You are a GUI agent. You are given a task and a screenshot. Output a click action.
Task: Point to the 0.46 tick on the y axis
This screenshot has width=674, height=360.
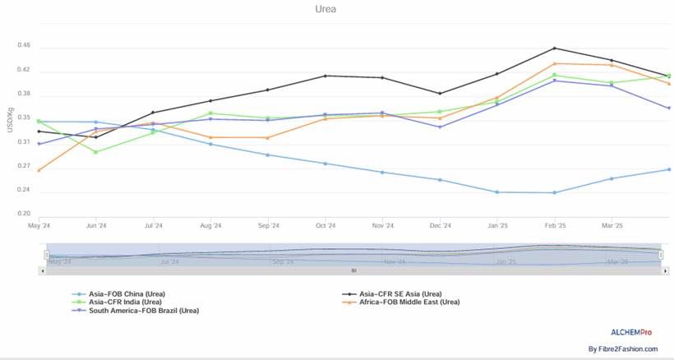(23, 46)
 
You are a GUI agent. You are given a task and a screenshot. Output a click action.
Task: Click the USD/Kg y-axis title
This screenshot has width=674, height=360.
(10, 120)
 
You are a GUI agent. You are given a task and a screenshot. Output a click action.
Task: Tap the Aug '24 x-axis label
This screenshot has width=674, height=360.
(211, 225)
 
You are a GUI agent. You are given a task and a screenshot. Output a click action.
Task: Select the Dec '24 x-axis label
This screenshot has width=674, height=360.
(441, 225)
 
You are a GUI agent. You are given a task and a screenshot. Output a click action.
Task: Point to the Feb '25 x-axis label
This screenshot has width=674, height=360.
(555, 225)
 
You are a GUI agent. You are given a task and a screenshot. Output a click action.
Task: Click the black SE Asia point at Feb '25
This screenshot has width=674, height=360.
(555, 48)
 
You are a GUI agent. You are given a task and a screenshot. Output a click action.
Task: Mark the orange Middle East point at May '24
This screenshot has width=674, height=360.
(39, 170)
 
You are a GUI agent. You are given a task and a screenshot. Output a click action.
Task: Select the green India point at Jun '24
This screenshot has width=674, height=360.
(96, 152)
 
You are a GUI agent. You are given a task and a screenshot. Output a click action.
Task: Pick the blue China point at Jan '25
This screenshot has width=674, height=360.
(497, 192)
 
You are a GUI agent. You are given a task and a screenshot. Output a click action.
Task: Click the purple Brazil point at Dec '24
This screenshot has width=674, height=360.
(441, 127)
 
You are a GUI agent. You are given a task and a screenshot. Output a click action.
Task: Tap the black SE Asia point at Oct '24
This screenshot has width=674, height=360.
(325, 76)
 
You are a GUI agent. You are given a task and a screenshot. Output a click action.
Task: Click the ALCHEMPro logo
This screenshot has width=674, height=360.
(631, 331)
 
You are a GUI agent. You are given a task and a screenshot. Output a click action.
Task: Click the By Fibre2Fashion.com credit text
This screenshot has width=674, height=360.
(623, 349)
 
